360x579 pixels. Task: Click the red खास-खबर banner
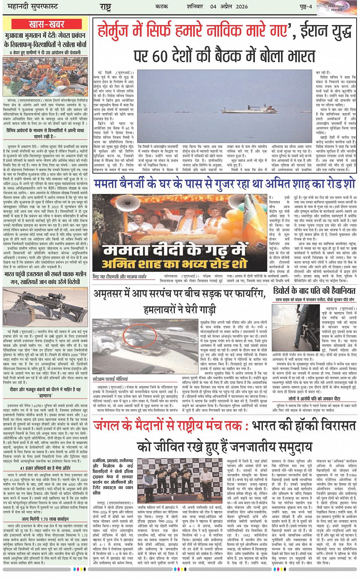coord(46,24)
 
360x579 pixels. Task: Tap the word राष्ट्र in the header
coord(105,7)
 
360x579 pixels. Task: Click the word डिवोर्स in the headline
coord(285,291)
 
